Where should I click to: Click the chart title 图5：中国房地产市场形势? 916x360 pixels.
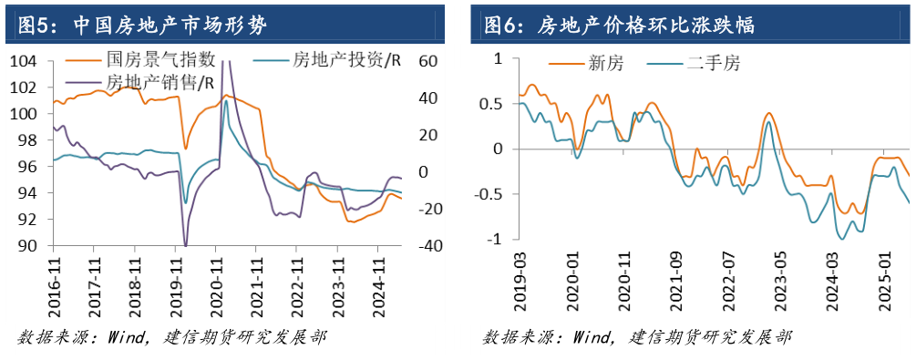[137, 23]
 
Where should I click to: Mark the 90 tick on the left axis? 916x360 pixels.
[29, 246]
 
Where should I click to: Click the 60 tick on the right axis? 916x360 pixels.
[429, 61]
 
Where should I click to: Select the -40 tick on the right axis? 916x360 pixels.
[429, 246]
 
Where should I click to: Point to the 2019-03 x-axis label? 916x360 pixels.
[520, 282]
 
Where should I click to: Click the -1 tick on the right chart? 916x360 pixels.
[497, 240]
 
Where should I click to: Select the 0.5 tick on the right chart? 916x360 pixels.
[491, 104]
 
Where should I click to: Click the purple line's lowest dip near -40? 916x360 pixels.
[185, 245]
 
